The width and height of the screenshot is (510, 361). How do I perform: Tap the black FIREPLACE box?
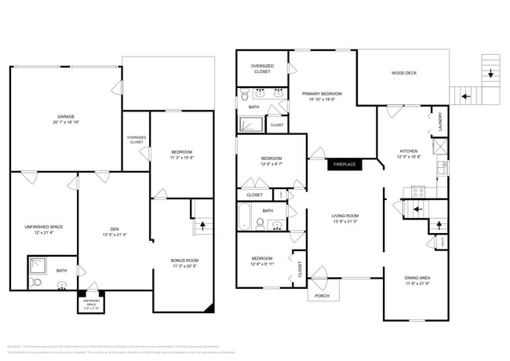345,165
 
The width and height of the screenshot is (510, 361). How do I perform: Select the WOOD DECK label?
404,74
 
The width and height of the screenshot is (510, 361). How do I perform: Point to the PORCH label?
322,296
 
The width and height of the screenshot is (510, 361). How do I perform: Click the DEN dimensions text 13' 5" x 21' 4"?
115,235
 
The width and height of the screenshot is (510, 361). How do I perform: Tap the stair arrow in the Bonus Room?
204,224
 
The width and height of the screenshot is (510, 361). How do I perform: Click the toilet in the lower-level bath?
62,286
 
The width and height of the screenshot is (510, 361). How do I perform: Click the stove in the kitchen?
417,191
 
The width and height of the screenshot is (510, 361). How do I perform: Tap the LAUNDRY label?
429,124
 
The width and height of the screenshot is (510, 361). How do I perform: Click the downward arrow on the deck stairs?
490,75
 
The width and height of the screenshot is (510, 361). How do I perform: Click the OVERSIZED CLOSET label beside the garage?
136,140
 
